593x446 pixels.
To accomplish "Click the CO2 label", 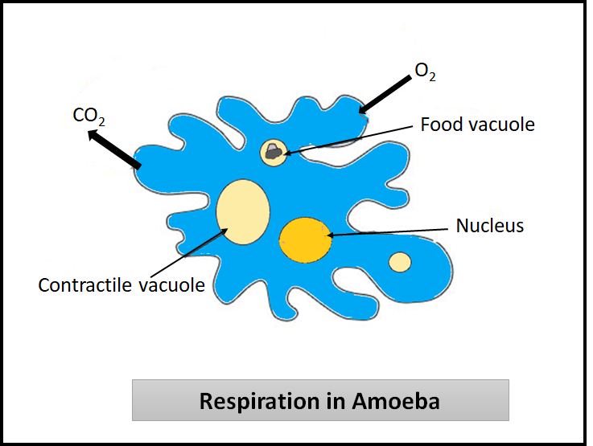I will click(89, 116).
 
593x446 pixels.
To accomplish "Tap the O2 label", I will click(425, 72).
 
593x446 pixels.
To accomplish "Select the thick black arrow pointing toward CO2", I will click(114, 149).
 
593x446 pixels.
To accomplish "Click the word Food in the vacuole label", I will click(440, 125).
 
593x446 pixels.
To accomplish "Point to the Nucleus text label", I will click(489, 226).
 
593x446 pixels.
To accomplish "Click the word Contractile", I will click(85, 284).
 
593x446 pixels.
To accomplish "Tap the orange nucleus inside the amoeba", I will click(305, 239).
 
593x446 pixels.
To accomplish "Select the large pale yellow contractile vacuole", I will click(243, 211).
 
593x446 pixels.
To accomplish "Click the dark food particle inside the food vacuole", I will click(274, 149).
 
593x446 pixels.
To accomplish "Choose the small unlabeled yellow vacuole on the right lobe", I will click(400, 262).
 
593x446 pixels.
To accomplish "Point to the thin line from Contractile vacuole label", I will click(185, 254).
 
